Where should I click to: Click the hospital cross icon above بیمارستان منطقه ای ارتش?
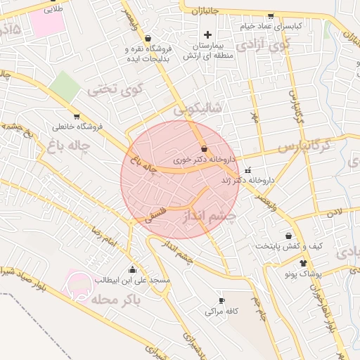coord(207,35)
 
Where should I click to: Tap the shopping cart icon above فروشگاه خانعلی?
coord(76,117)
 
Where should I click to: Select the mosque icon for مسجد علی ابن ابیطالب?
coord(132,269)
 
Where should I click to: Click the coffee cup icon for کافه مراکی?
coord(222,300)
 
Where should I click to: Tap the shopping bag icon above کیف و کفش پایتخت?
coord(288,236)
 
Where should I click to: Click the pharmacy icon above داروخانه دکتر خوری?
coord(204,149)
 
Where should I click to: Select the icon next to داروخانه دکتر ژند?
coord(247,170)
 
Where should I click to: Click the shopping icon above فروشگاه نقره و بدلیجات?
coord(148,39)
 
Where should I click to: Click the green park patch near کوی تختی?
coord(65,86)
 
